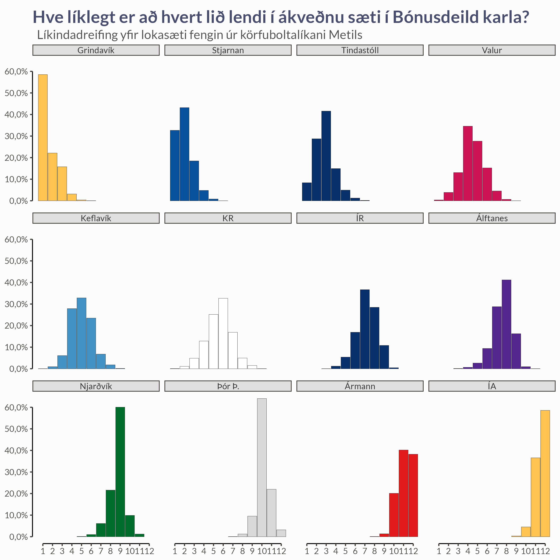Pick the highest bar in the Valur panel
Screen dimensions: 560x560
(x=468, y=164)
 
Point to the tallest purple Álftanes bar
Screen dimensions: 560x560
(x=506, y=324)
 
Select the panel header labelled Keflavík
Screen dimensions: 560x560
(x=96, y=218)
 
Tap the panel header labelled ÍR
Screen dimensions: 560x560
(x=360, y=218)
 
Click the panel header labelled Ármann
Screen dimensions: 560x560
(x=360, y=386)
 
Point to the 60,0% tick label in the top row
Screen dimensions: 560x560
(x=16, y=72)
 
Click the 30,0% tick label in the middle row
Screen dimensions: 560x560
(x=16, y=304)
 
